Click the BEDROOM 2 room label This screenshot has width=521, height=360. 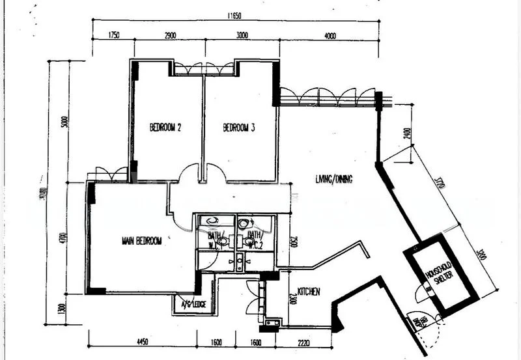tap(165, 128)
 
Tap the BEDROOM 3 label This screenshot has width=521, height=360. tap(238, 128)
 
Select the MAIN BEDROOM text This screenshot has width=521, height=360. tap(141, 241)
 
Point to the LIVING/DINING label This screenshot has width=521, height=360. tap(333, 179)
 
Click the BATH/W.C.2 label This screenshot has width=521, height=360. tap(255, 239)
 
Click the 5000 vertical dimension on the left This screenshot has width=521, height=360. tap(64, 122)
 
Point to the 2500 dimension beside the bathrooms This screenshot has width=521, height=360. tap(294, 242)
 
